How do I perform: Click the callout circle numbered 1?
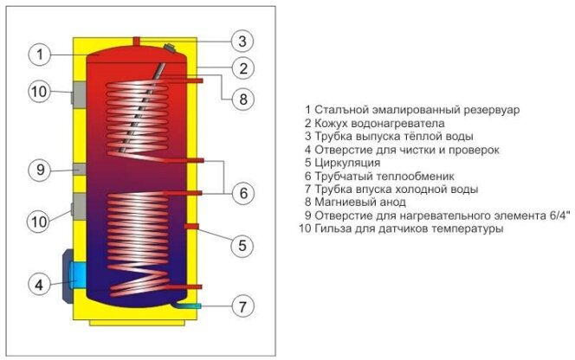point(40,55)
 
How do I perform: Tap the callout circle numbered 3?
point(243,41)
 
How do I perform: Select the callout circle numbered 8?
point(243,99)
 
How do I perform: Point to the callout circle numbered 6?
point(243,192)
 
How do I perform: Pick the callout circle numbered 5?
point(243,245)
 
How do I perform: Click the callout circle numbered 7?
point(243,305)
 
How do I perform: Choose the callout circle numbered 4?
point(40,283)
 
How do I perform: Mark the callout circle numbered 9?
point(40,170)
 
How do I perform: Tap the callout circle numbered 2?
point(243,68)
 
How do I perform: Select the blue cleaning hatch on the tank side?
point(77,274)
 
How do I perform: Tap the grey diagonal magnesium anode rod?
point(145,121)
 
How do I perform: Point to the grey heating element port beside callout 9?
point(77,169)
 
